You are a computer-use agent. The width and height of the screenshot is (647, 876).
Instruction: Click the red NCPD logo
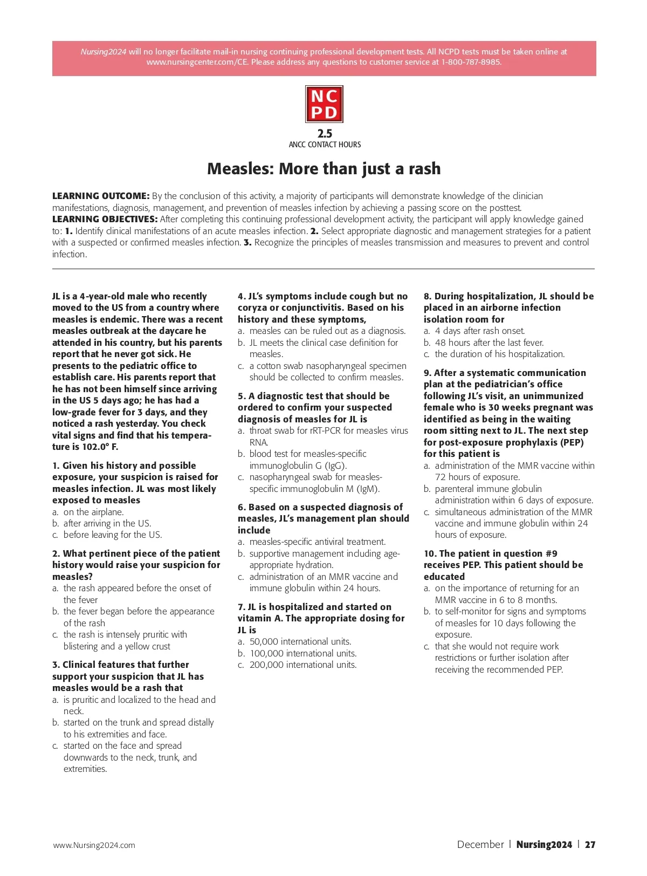click(324, 104)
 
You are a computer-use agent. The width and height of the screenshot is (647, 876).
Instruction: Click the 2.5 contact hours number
click(325, 133)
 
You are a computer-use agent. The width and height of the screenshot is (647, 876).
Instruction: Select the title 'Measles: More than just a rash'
click(324, 169)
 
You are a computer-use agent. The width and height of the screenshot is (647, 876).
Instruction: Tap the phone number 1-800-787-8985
click(471, 62)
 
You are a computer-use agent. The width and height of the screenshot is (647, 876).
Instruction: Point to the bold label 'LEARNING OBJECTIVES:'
click(105, 219)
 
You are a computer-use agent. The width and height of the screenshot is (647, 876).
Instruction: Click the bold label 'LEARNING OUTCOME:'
click(101, 196)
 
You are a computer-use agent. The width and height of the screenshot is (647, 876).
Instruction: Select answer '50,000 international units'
click(300, 641)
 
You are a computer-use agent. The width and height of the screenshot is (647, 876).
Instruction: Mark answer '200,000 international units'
click(302, 665)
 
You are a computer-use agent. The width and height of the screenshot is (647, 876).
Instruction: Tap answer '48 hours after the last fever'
click(489, 343)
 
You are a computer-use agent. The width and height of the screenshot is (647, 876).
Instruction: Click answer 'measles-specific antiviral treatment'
click(317, 542)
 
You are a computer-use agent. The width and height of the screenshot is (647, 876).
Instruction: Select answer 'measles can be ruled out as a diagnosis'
click(327, 331)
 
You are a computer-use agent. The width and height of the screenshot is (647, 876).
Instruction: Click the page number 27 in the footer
click(590, 845)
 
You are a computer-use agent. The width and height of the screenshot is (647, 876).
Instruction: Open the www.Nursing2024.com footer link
click(94, 845)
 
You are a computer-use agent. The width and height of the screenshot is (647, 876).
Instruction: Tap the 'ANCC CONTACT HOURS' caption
click(325, 145)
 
